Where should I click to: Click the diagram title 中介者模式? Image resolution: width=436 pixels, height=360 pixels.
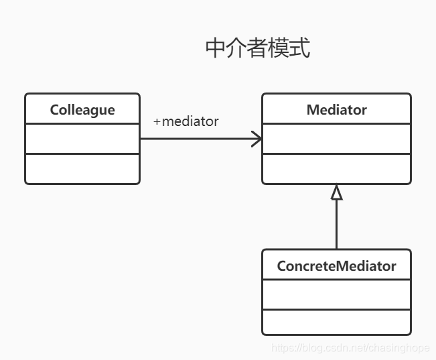[257, 49]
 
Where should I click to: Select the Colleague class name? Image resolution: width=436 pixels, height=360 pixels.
[82, 110]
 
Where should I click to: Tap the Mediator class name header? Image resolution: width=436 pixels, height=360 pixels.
[336, 110]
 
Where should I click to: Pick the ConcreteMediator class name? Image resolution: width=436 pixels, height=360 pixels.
[336, 266]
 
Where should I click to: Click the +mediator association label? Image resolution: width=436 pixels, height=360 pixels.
[186, 122]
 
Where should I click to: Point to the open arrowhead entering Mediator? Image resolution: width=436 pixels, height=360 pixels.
[257, 139]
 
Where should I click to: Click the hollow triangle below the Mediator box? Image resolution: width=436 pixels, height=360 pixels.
[336, 192]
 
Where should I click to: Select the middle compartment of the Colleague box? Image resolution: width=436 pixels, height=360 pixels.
[82, 139]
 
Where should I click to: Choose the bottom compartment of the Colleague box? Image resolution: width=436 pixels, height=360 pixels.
[82, 168]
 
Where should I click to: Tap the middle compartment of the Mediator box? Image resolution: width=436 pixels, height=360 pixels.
[336, 139]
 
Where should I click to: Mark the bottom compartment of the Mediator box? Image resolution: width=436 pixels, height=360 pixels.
[336, 168]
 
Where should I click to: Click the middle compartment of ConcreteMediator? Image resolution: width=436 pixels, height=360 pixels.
[336, 295]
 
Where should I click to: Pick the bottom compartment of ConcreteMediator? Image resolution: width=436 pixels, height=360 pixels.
[336, 322]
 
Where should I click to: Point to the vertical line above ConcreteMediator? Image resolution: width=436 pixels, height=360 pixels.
[336, 225]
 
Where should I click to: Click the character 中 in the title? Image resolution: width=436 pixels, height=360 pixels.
[214, 49]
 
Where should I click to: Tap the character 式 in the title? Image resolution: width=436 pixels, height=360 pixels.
[301, 49]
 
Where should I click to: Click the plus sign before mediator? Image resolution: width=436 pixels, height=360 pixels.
[157, 122]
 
